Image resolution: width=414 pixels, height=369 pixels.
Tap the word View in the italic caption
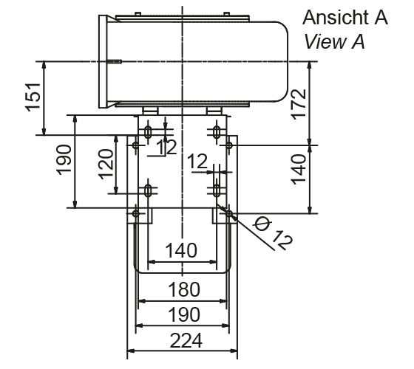[x=320, y=42]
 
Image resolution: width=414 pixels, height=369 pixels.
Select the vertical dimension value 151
[x=33, y=97]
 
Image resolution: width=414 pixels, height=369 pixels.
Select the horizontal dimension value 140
[x=181, y=250]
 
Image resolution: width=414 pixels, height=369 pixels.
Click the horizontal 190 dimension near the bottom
[x=181, y=316]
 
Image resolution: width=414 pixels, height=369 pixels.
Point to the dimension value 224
[x=181, y=340]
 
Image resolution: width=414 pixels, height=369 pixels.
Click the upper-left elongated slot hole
[x=149, y=133]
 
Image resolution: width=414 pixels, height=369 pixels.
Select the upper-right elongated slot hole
[x=215, y=133]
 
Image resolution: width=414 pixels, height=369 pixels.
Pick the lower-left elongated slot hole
[x=149, y=190]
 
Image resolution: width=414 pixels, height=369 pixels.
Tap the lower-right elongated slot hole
[x=215, y=190]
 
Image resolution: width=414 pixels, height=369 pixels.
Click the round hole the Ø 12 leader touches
[x=230, y=214]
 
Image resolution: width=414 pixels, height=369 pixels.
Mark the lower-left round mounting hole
[x=135, y=214]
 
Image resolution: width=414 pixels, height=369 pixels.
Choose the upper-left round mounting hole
[x=135, y=145]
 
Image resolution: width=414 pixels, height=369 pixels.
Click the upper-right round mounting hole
[x=230, y=145]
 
